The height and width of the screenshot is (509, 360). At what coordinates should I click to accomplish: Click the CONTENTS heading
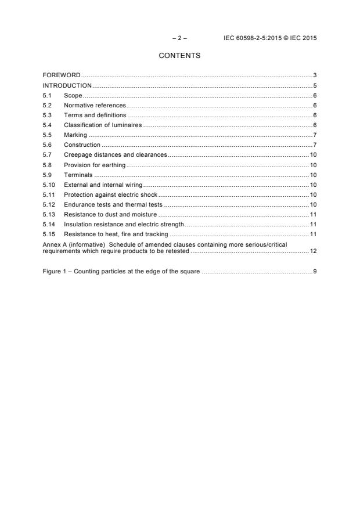pos(179,56)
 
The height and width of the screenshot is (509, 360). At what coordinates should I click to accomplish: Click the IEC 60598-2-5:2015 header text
pos(270,38)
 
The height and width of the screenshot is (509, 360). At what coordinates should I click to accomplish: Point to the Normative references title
pos(95,105)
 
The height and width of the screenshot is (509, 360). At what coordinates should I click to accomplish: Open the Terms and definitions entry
pos(95,115)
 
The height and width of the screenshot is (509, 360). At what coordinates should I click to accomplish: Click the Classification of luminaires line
pos(103,125)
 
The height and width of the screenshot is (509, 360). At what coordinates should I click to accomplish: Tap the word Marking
pos(75,135)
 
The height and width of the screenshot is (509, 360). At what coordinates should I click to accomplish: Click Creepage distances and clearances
pos(115,154)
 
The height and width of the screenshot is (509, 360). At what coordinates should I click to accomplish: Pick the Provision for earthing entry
pos(95,165)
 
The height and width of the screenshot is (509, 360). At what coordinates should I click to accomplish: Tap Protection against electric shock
pos(110,194)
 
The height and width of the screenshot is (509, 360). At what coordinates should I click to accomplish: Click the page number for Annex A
pos(313,251)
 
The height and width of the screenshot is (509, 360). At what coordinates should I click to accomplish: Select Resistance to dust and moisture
pos(110,214)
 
